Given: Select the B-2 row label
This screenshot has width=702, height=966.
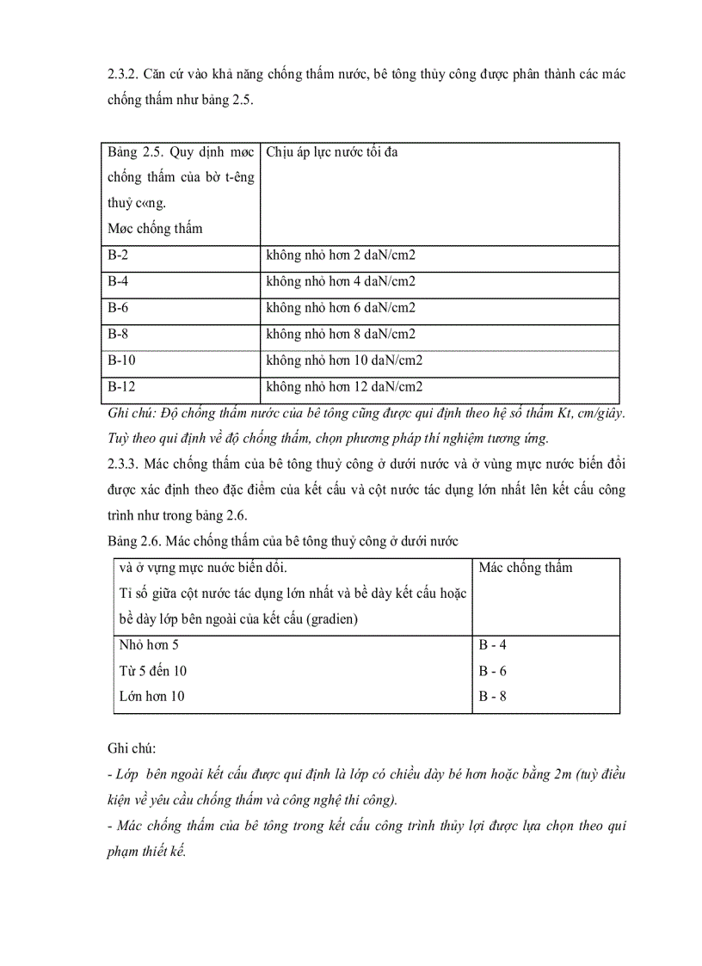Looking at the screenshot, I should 118,255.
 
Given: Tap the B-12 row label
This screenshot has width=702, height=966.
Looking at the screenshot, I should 121,387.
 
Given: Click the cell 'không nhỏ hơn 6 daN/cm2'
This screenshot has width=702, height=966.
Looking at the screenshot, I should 341,308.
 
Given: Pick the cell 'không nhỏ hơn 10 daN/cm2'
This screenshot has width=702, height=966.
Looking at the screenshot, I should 344,360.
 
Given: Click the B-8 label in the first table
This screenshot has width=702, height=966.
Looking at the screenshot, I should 118,334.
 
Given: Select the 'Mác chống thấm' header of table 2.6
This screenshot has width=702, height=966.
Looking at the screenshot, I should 525,568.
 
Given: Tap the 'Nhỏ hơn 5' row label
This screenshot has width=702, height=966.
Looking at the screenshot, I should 149,644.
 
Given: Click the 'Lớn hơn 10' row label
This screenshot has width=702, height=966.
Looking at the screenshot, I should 151,696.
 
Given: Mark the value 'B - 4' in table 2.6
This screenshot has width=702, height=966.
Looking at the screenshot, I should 492,644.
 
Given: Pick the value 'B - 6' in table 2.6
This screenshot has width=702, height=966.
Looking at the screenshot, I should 492,670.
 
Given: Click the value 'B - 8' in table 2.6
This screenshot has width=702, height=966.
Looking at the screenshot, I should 492,696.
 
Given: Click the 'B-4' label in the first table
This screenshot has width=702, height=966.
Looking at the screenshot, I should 118,281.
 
